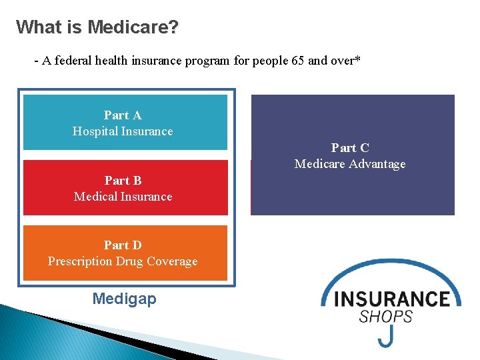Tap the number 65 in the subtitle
[x=298, y=61]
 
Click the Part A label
[x=123, y=115]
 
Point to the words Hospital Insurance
[x=123, y=131]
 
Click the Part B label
[x=123, y=180]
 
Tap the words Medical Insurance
[x=123, y=197]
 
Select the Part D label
[x=123, y=245]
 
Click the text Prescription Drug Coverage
[x=123, y=261]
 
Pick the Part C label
[x=350, y=148]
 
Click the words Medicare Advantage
[x=350, y=164]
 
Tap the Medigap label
[x=125, y=299]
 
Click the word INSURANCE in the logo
[x=392, y=298]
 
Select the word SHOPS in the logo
[x=386, y=316]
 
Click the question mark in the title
[x=174, y=27]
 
